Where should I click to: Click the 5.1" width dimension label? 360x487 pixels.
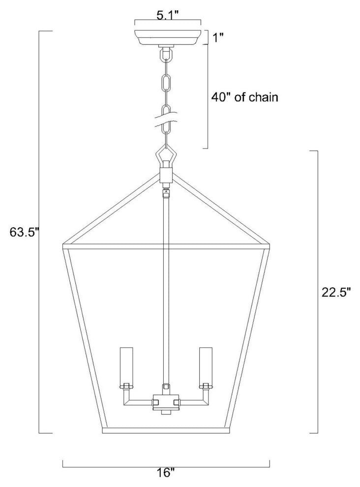pyautogui.click(x=168, y=15)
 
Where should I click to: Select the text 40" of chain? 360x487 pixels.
pyautogui.click(x=244, y=97)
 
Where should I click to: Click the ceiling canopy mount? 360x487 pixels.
pyautogui.click(x=168, y=37)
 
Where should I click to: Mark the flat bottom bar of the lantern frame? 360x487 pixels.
pyautogui.click(x=166, y=431)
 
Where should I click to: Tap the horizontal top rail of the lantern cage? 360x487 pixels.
pyautogui.click(x=166, y=245)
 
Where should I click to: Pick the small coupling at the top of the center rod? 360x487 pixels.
pyautogui.click(x=167, y=192)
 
